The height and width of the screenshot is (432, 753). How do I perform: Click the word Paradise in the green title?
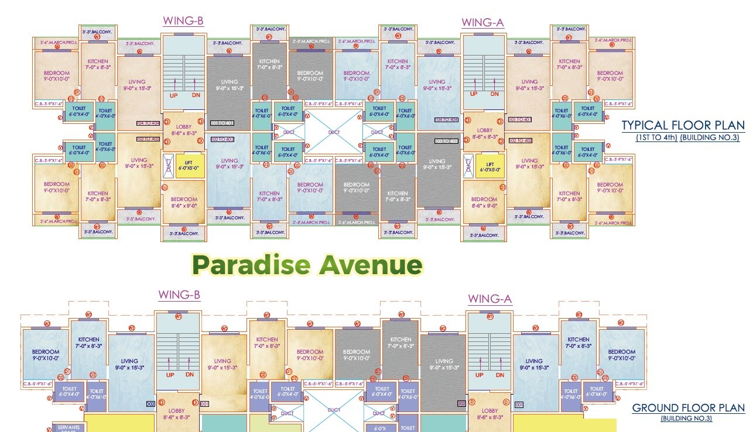tap(251, 265)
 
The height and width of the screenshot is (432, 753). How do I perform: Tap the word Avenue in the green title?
tap(370, 265)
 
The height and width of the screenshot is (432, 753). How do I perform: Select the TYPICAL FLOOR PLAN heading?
tap(683, 126)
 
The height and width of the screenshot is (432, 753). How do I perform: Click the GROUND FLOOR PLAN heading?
tap(688, 409)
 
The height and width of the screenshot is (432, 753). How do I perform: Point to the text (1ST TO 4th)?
tap(656, 138)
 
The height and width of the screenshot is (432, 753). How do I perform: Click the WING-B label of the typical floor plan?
tap(183, 22)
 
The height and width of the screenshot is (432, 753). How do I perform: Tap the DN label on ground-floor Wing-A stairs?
tap(499, 375)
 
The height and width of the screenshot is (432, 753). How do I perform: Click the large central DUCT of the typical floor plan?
tap(334, 133)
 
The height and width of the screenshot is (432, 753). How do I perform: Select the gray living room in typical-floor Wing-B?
tap(229, 85)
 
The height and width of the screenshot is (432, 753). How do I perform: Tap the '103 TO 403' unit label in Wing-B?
tap(148, 139)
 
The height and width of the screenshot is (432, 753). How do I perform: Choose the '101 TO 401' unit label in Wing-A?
tap(520, 119)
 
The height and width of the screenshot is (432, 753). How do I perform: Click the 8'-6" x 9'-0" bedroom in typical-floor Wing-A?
tap(484, 202)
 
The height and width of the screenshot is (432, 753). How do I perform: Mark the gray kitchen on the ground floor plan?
tap(401, 343)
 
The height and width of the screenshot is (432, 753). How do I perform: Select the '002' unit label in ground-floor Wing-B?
tap(151, 404)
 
